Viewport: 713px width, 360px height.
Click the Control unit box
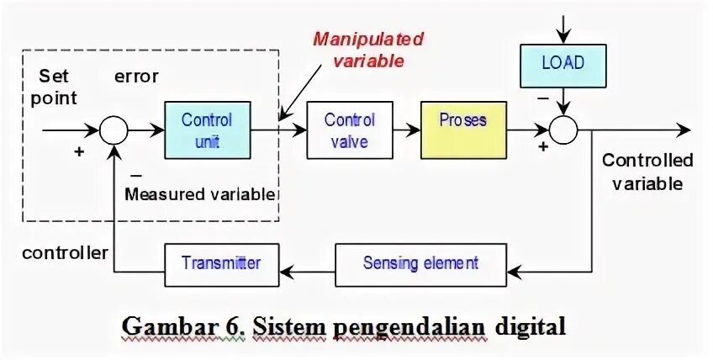(207, 130)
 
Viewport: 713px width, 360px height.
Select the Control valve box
(349, 130)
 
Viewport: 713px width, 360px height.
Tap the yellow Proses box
(463, 130)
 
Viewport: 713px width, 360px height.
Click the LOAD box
(562, 64)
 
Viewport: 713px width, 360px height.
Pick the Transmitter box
(221, 263)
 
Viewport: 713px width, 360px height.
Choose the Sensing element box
(420, 263)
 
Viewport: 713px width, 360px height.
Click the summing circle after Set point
(113, 130)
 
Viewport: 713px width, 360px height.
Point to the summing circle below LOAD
(563, 130)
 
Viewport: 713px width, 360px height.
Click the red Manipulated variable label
(368, 50)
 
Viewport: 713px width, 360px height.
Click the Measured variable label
(200, 194)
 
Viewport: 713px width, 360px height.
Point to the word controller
(65, 253)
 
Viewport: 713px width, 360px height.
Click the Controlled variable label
(647, 172)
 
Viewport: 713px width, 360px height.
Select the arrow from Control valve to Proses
(406, 130)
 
